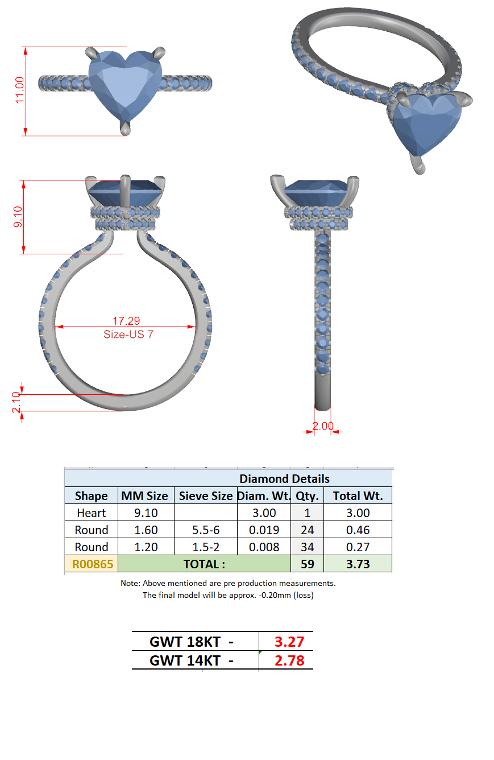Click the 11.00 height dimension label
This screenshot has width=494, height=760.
click(x=19, y=90)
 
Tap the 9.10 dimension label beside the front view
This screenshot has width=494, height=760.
click(x=18, y=217)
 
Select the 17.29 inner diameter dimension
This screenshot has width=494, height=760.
click(x=126, y=321)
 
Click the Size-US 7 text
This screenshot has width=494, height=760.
click(x=128, y=334)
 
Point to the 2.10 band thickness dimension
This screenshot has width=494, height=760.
click(x=16, y=402)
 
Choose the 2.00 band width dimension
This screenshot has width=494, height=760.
click(x=323, y=426)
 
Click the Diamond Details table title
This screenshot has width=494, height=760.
click(x=284, y=479)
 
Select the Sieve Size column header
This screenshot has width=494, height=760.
click(x=205, y=495)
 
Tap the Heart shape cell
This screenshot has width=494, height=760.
click(x=91, y=513)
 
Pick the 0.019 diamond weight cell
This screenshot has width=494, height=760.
click(x=264, y=530)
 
